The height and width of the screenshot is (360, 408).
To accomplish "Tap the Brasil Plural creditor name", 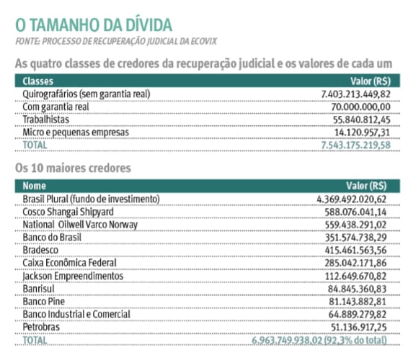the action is [x=91, y=198].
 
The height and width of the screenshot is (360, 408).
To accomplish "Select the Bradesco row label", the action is [x=45, y=250].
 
